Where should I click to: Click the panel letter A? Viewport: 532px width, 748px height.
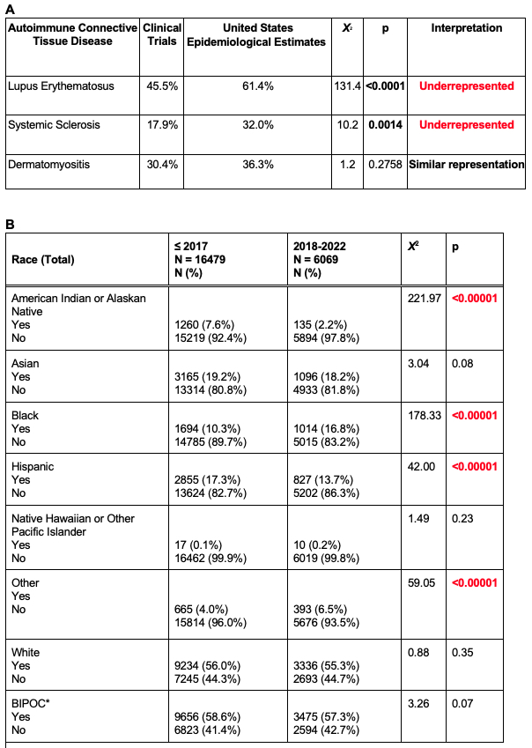10,9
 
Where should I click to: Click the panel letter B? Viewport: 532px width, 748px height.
10,225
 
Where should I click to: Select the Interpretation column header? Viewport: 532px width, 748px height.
467,29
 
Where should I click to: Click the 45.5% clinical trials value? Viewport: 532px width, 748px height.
163,86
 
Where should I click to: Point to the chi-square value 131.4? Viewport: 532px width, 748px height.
347,86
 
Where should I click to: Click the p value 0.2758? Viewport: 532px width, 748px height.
385,164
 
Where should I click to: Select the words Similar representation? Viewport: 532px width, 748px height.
467,164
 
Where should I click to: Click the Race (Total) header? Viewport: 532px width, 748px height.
42,259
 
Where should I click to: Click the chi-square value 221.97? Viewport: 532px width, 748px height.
423,299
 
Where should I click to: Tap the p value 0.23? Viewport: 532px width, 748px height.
460,519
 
